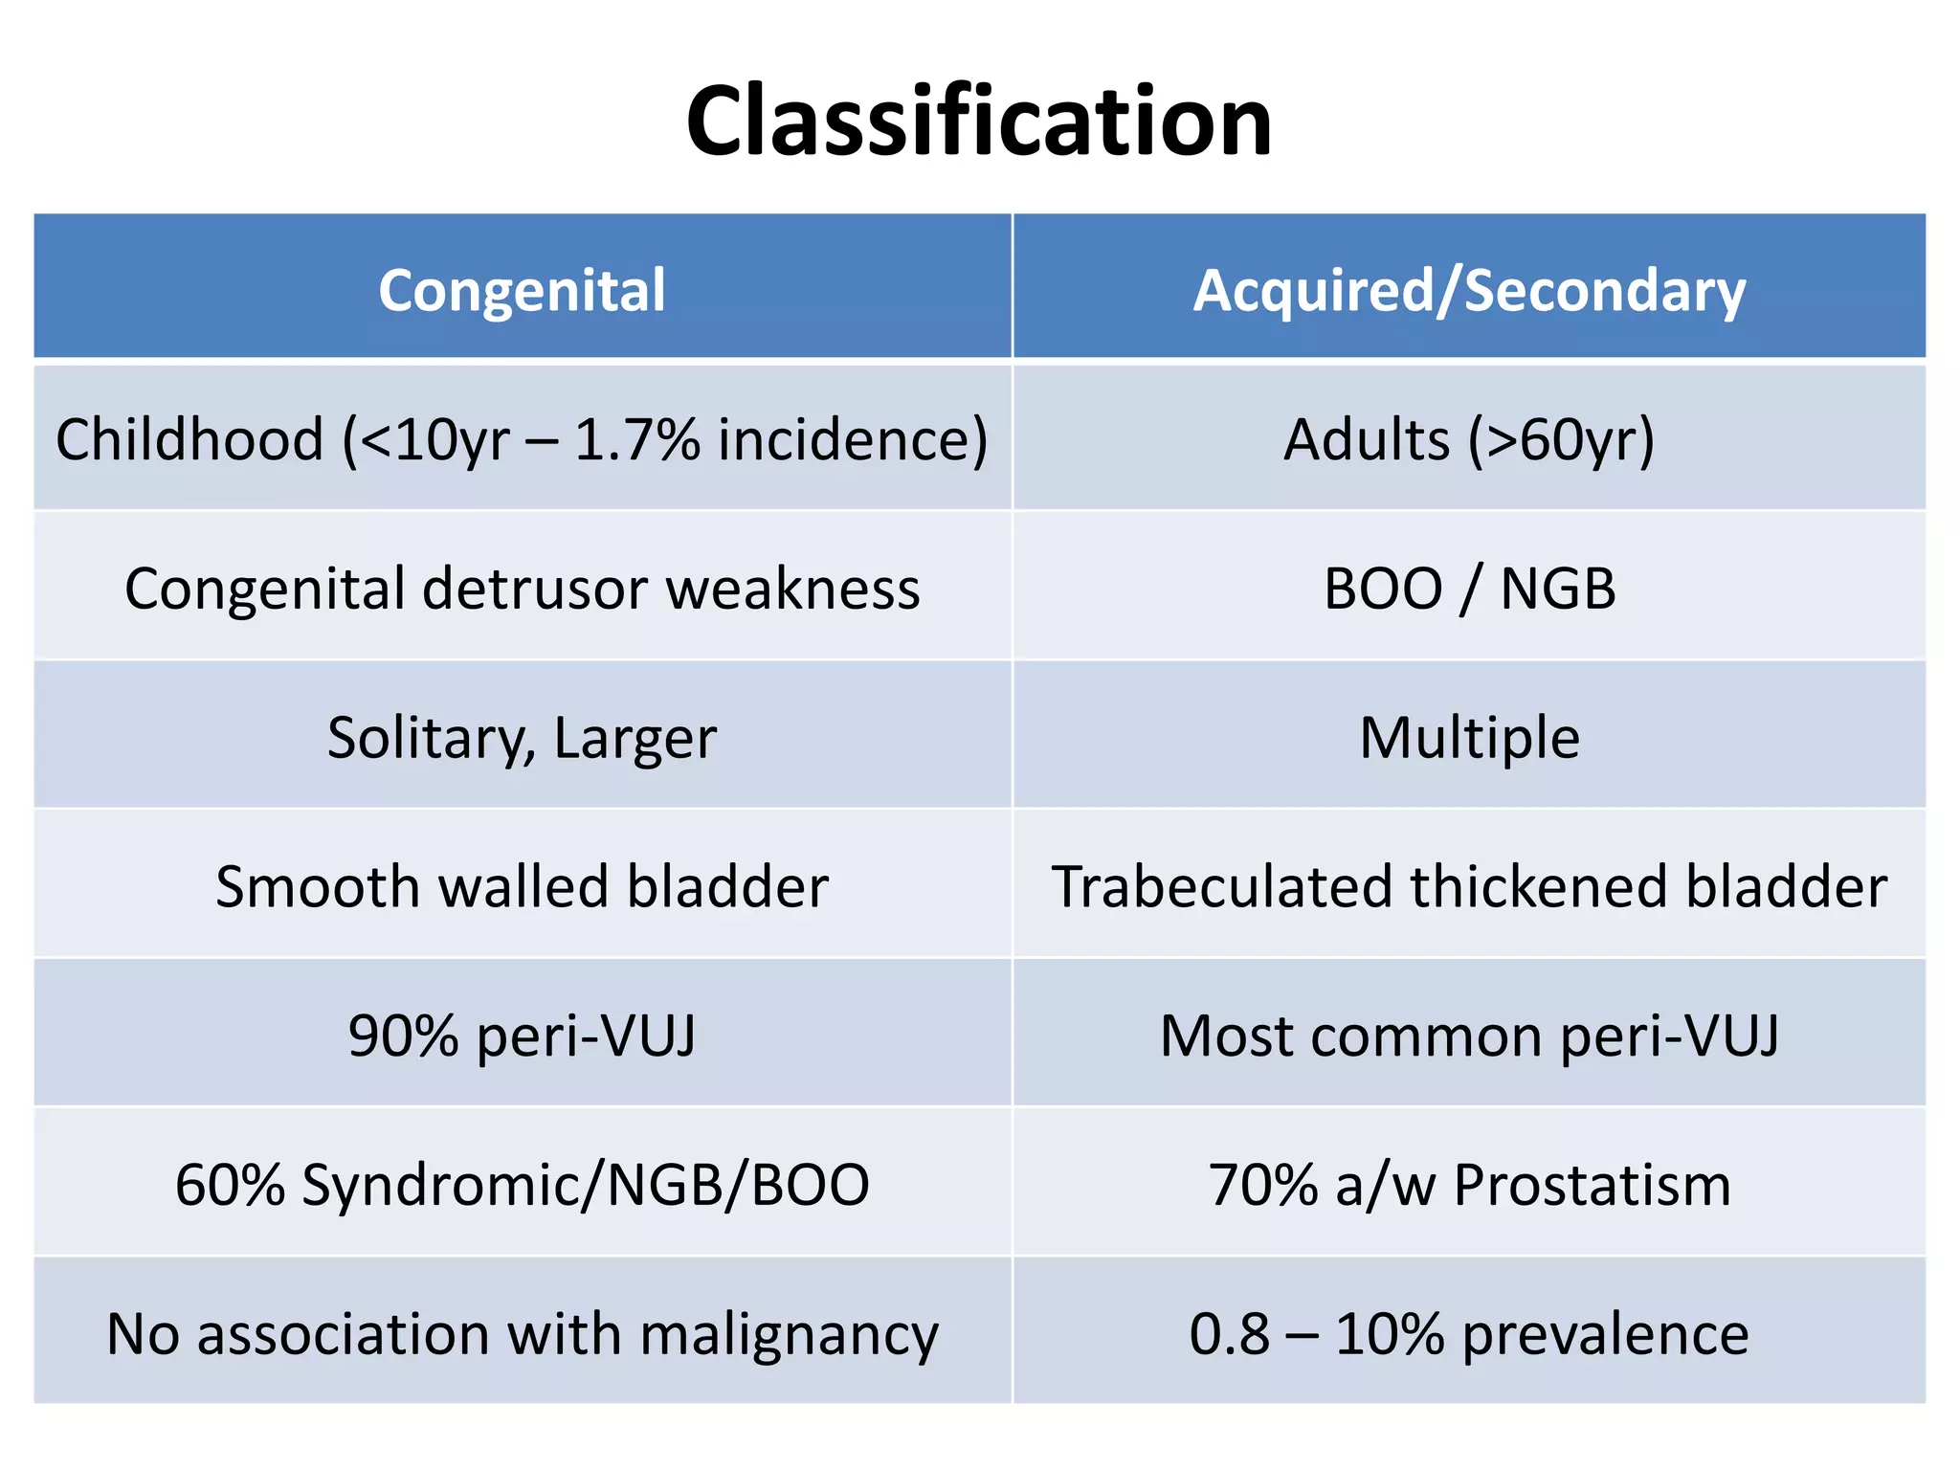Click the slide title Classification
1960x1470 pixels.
(979, 122)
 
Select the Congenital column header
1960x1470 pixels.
(522, 290)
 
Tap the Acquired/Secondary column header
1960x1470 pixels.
(1469, 290)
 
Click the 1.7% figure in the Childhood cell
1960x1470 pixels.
(636, 441)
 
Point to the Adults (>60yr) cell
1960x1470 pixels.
(1469, 441)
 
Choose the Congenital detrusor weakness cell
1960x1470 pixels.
(522, 589)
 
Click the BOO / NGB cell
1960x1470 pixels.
(1469, 589)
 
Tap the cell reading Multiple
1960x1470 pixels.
(1469, 739)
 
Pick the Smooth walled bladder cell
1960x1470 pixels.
(522, 887)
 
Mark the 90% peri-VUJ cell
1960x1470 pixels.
(522, 1036)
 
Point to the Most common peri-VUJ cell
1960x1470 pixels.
(1469, 1036)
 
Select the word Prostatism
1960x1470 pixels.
(1592, 1186)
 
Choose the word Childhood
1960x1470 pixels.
(189, 441)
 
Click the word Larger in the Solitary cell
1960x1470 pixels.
(635, 739)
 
